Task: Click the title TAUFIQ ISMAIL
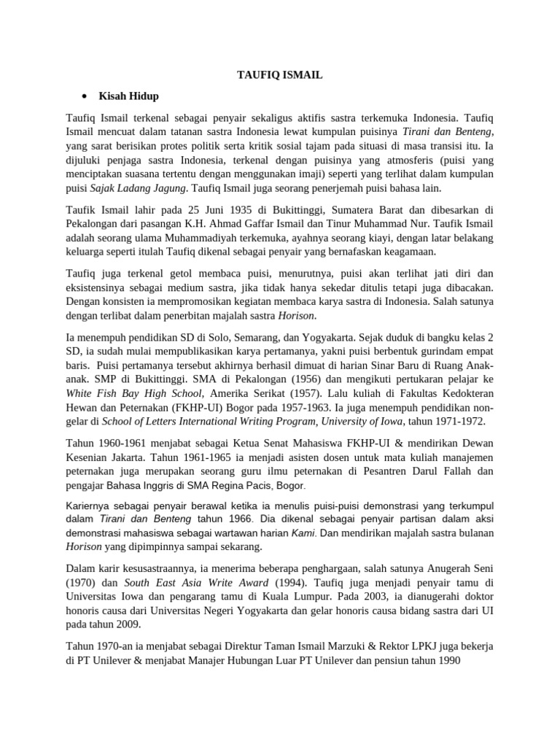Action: [279, 74]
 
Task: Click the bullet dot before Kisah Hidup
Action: [85, 96]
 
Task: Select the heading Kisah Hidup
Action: [131, 96]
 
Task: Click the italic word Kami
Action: [303, 533]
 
